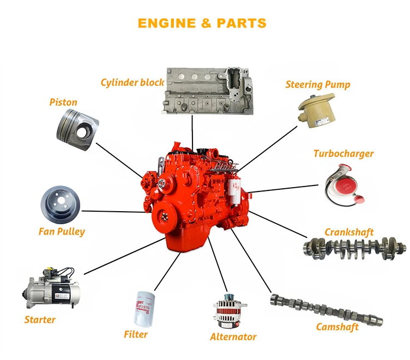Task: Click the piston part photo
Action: pos(78,130)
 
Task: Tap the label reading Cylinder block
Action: pos(133,83)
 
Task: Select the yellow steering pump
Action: pos(317,111)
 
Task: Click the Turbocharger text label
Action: pos(344,154)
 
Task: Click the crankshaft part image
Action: pos(355,248)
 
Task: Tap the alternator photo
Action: pos(229,311)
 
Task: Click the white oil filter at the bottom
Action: pos(144,309)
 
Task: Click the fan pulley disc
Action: pos(60,205)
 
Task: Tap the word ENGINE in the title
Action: pos(167,24)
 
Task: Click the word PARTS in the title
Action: pos(241,24)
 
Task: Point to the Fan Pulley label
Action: pos(62,232)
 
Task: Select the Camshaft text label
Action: pos(337,327)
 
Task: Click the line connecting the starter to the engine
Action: pos(125,256)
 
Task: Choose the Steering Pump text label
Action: pos(318,85)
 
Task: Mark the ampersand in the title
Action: pos(206,24)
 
